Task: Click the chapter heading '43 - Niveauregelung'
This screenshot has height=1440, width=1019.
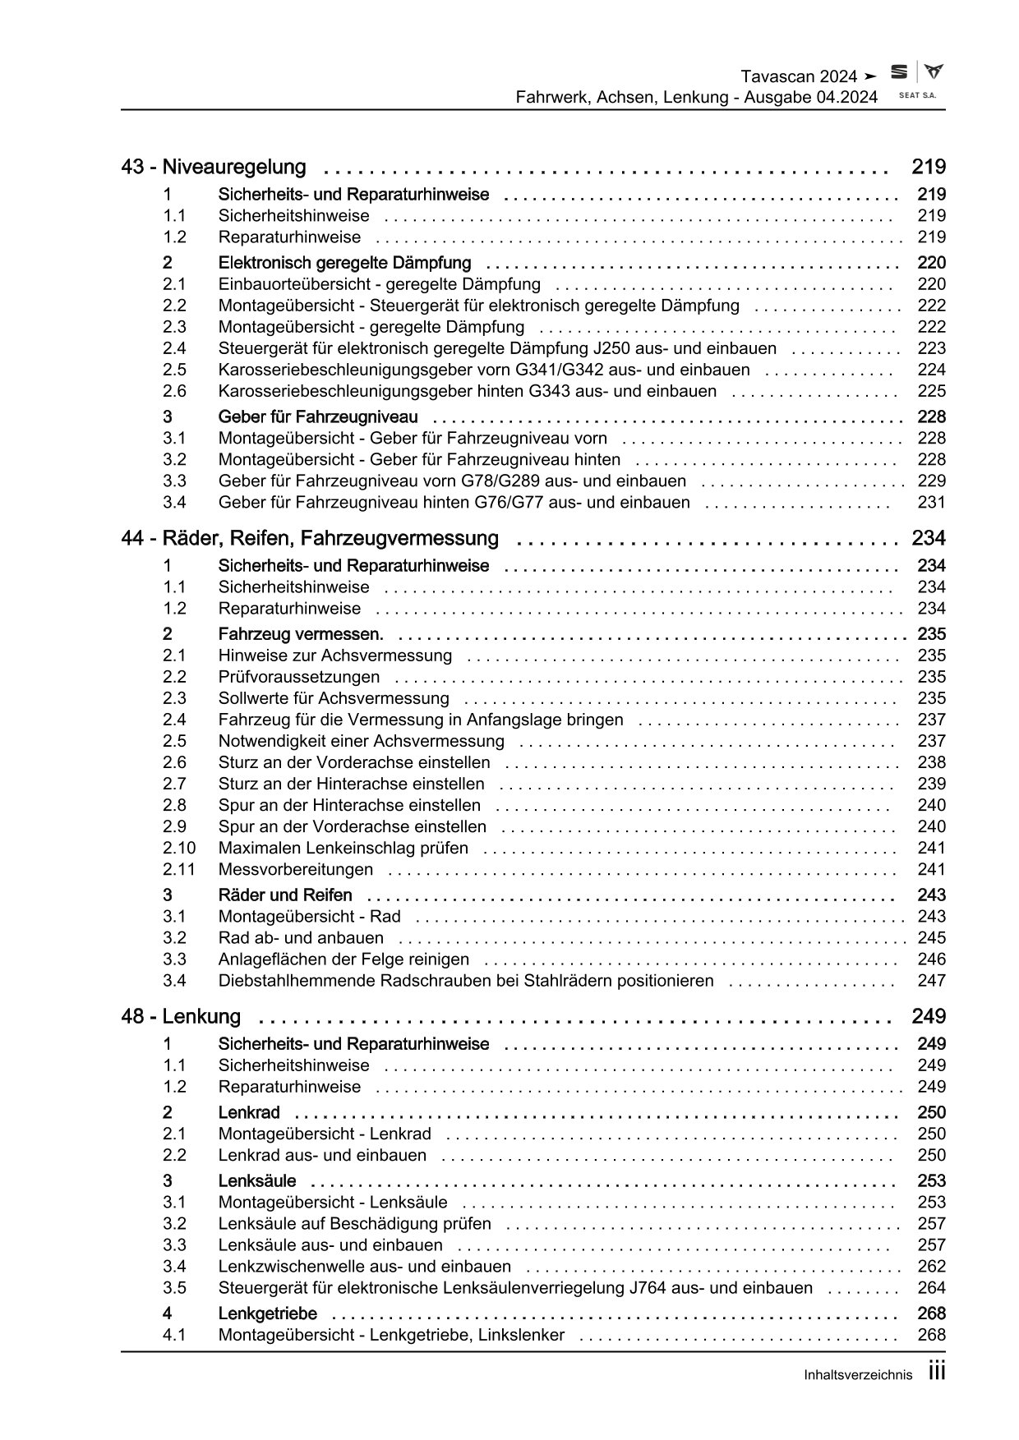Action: (214, 168)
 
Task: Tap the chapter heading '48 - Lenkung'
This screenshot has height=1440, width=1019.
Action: (181, 1017)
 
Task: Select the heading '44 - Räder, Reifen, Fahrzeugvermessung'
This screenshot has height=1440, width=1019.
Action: (310, 539)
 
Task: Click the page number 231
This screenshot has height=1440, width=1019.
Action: (931, 503)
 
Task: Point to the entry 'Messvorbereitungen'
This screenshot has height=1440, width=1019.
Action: (295, 870)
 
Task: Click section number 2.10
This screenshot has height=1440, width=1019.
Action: (179, 849)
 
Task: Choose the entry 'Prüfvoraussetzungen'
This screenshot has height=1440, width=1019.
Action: (299, 678)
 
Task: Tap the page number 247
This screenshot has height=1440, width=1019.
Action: (931, 981)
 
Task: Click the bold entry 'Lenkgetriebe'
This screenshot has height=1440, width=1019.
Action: (267, 1314)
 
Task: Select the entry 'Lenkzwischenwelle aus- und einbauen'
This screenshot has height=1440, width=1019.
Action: (364, 1267)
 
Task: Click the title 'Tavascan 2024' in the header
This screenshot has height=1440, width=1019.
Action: (799, 76)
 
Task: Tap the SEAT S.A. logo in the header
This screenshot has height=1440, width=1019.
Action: (916, 81)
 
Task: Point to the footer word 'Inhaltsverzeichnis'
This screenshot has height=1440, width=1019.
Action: (859, 1375)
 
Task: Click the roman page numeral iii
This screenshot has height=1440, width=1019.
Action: (936, 1372)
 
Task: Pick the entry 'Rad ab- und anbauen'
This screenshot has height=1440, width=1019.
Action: (301, 938)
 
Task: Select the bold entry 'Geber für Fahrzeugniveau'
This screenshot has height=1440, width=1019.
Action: (318, 417)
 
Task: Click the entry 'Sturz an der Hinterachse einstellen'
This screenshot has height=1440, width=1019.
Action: (351, 784)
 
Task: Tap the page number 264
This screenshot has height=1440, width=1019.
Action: (931, 1289)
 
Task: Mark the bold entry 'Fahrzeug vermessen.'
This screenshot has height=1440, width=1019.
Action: (301, 635)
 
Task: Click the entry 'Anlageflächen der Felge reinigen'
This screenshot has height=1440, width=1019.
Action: (344, 959)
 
